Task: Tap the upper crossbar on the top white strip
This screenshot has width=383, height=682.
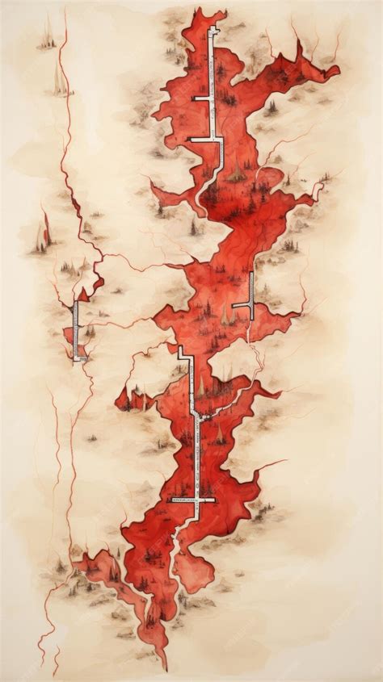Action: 202,98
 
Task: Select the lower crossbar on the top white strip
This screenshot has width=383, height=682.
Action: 205,140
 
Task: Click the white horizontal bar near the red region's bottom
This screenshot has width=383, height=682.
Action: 192,500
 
